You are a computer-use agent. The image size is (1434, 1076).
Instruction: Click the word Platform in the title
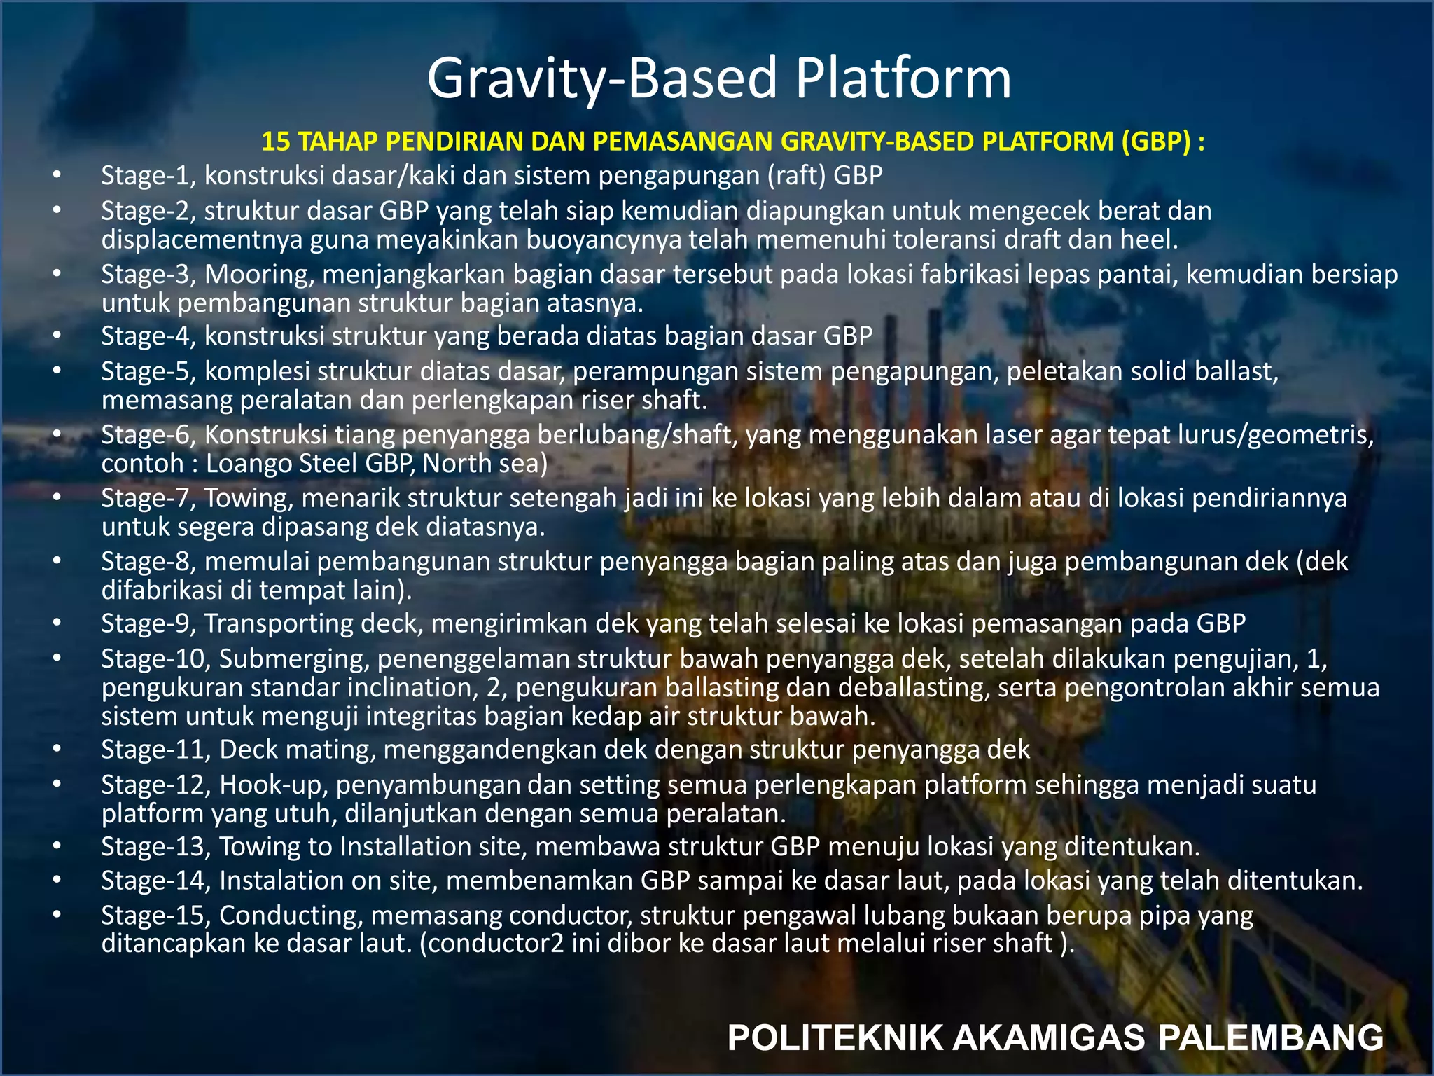coord(903,78)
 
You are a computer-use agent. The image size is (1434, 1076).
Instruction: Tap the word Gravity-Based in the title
coord(603,78)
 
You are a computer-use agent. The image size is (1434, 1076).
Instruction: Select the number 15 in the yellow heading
coord(275,142)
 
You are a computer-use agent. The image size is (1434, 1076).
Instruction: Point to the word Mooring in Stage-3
coord(258,274)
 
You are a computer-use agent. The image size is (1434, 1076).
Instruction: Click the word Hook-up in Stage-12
coord(274,785)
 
